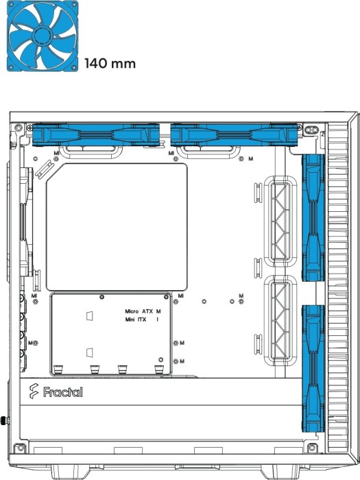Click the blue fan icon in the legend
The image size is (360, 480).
coord(43,36)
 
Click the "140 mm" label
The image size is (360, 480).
coord(110,64)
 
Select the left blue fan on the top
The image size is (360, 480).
coord(96,134)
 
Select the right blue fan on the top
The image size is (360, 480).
coord(234,134)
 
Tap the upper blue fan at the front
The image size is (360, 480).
coord(313,217)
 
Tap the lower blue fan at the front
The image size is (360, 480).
coord(313,369)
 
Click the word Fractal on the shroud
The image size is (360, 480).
coord(63,392)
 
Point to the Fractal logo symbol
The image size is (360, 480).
coord(34,392)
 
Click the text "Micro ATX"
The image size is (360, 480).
coord(139,311)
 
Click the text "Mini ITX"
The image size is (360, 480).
coord(136,320)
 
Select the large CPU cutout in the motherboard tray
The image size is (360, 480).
coord(117,227)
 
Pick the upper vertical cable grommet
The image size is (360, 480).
coord(280,221)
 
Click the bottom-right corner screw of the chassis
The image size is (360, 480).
coord(311,448)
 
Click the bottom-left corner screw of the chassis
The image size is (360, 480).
coord(21,448)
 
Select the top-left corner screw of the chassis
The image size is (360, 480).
coord(19,126)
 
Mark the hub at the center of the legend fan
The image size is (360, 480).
coord(43,36)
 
